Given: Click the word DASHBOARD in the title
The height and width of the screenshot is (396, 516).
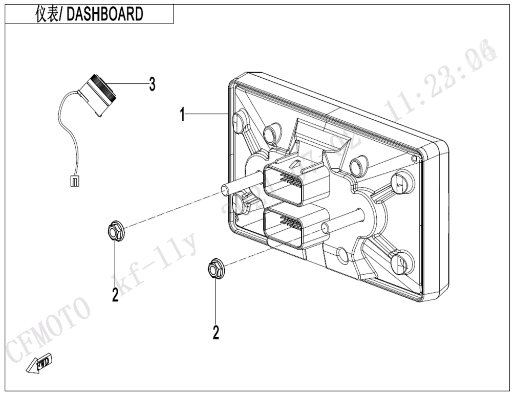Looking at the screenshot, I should click(105, 14).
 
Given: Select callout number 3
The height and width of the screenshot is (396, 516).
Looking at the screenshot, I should click(152, 84).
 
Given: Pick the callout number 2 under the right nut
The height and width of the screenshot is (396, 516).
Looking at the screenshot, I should click(216, 333).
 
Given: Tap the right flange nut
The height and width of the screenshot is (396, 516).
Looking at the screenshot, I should click(215, 269).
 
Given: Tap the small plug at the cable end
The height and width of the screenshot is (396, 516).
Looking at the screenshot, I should click(74, 180).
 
